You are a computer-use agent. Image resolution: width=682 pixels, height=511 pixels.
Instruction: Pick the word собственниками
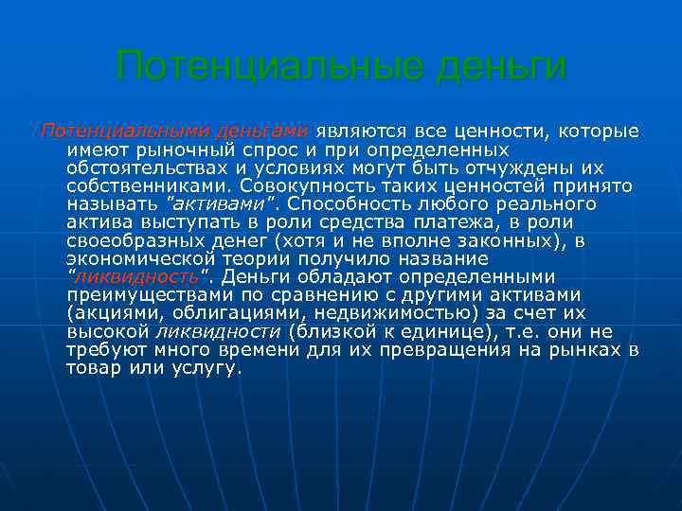tap(145, 185)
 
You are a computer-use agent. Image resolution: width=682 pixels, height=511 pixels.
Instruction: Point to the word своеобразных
tap(129, 240)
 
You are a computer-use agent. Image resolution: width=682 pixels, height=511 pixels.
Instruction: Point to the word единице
tap(442, 331)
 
